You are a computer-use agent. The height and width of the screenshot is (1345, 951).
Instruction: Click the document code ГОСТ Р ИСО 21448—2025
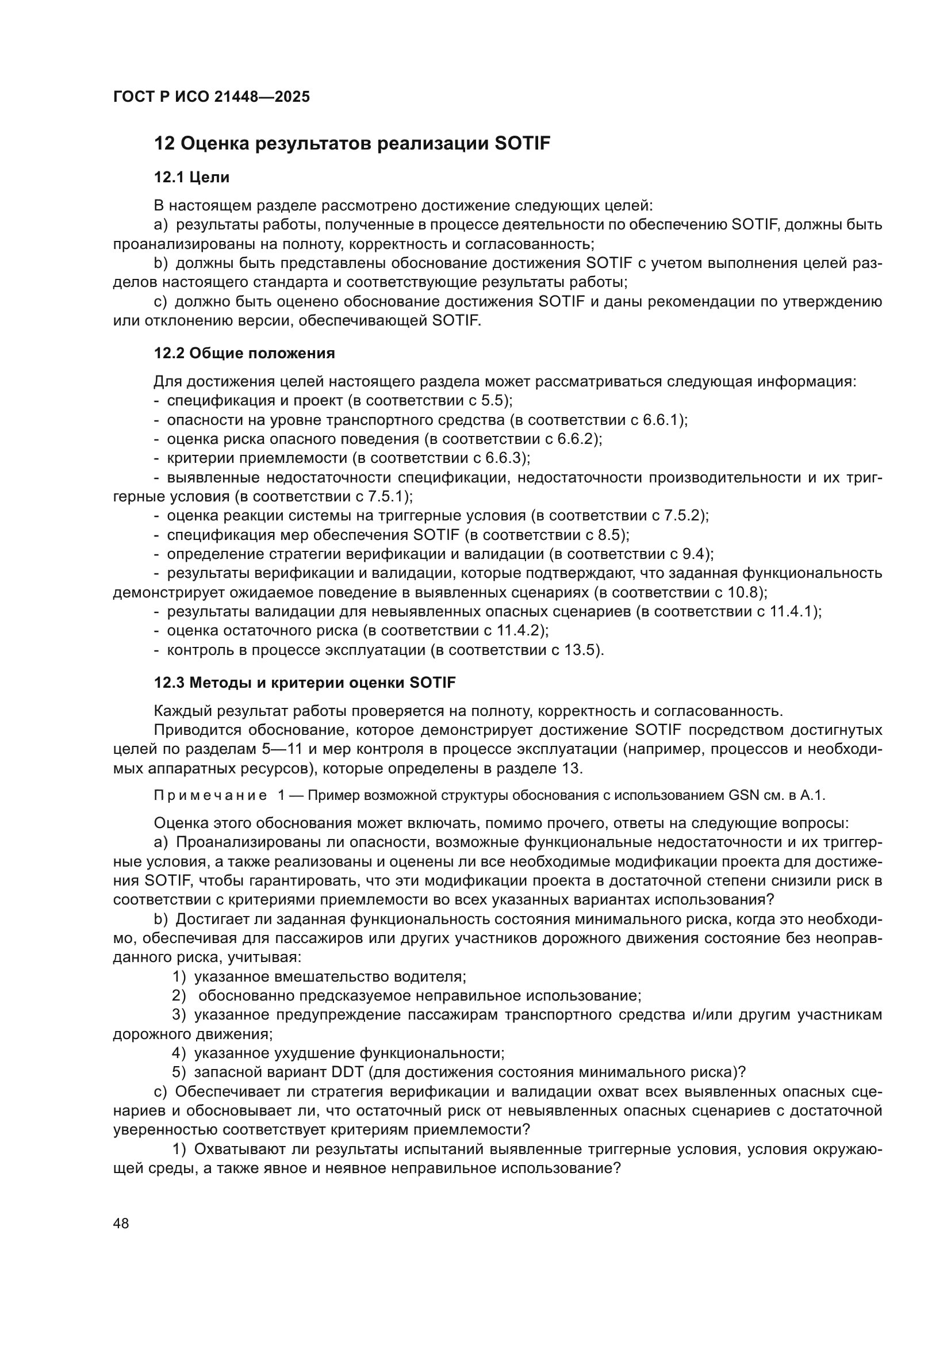(x=212, y=97)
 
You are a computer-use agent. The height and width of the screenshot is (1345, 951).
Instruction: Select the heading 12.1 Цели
(x=191, y=177)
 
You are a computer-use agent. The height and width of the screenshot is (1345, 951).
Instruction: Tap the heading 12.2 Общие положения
(x=244, y=353)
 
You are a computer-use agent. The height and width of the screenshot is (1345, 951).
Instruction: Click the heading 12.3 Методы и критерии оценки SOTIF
(x=305, y=683)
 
